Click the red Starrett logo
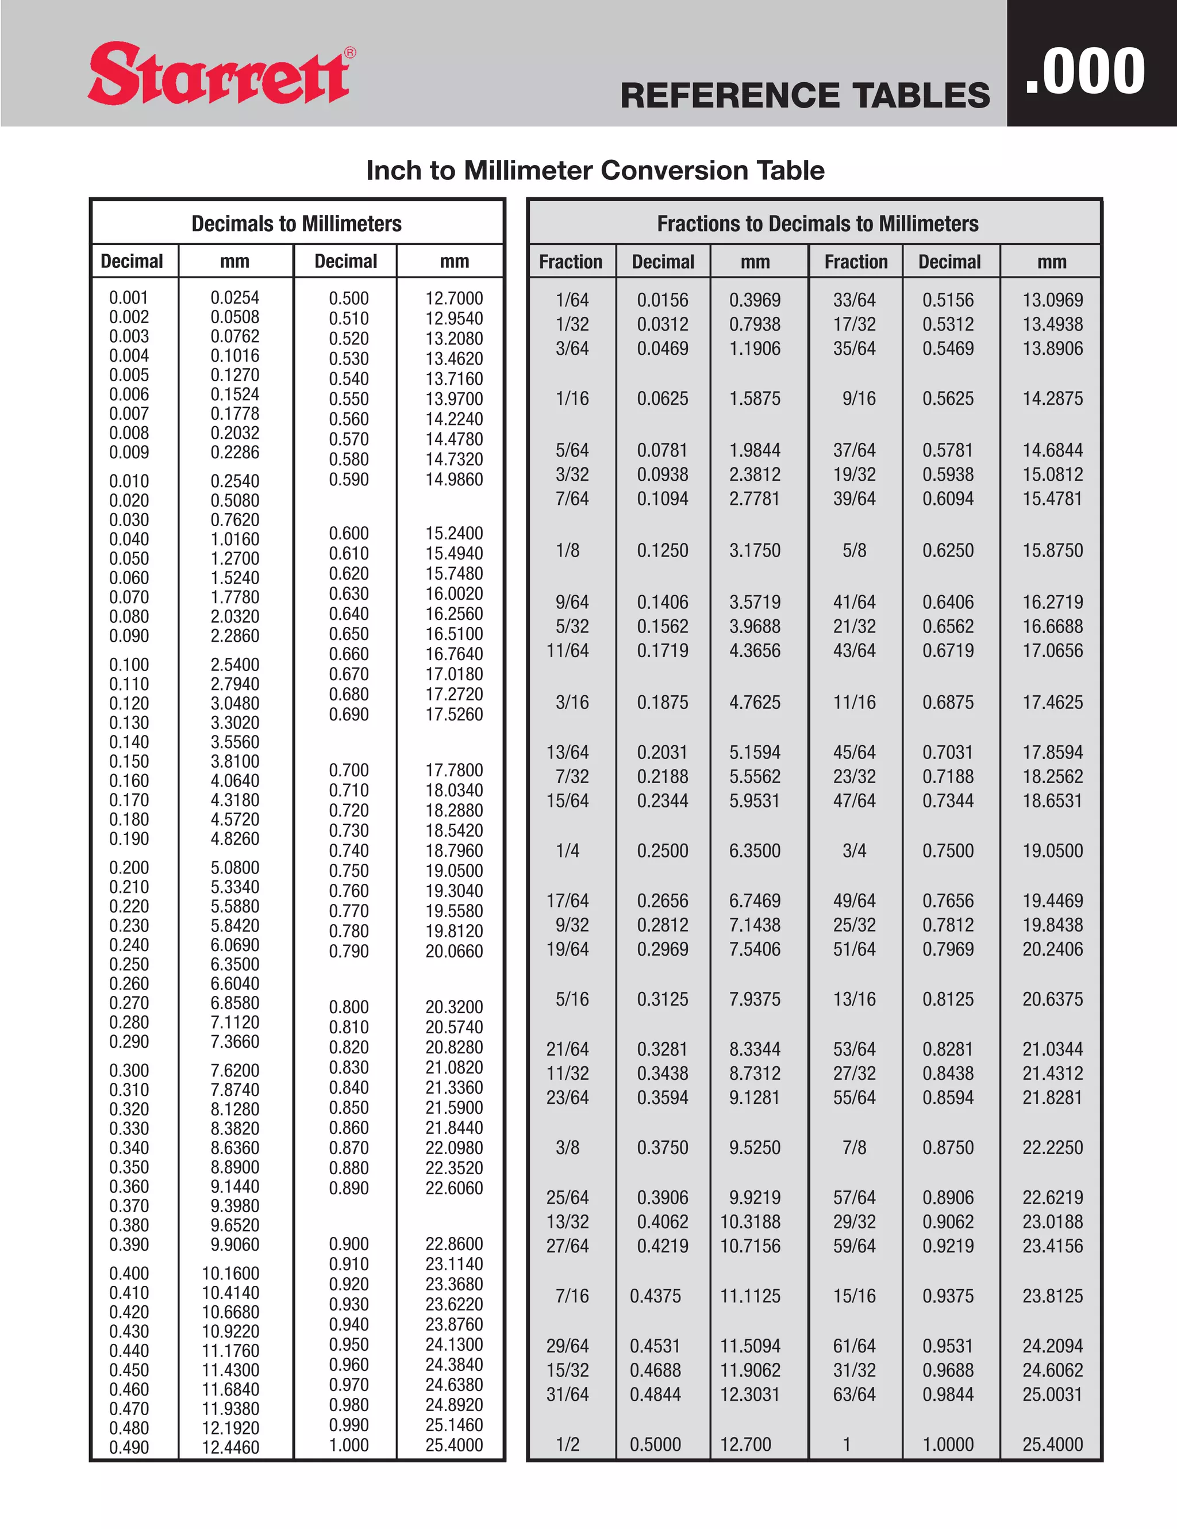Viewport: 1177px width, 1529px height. [x=218, y=74]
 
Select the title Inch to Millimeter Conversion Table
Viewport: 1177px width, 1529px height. [x=595, y=170]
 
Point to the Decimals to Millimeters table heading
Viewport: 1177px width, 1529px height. [x=297, y=223]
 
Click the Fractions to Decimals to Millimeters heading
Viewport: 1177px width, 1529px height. [x=817, y=223]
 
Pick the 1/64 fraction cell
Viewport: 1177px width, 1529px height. [x=572, y=300]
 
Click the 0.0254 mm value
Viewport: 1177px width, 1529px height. [x=234, y=297]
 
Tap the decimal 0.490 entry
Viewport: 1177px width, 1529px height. [x=129, y=1447]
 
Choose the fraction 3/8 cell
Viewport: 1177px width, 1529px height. [x=567, y=1147]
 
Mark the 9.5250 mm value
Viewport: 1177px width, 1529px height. [x=755, y=1147]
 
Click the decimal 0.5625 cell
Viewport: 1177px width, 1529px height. [x=948, y=398]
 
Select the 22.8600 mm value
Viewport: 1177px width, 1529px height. [x=454, y=1244]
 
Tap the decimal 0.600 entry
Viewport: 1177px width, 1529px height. [x=348, y=534]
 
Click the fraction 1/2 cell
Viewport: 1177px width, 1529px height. [x=567, y=1444]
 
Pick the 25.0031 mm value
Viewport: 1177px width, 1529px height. [x=1052, y=1394]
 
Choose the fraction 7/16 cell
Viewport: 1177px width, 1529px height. [x=572, y=1296]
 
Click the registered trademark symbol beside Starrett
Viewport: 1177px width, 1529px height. [x=351, y=52]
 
